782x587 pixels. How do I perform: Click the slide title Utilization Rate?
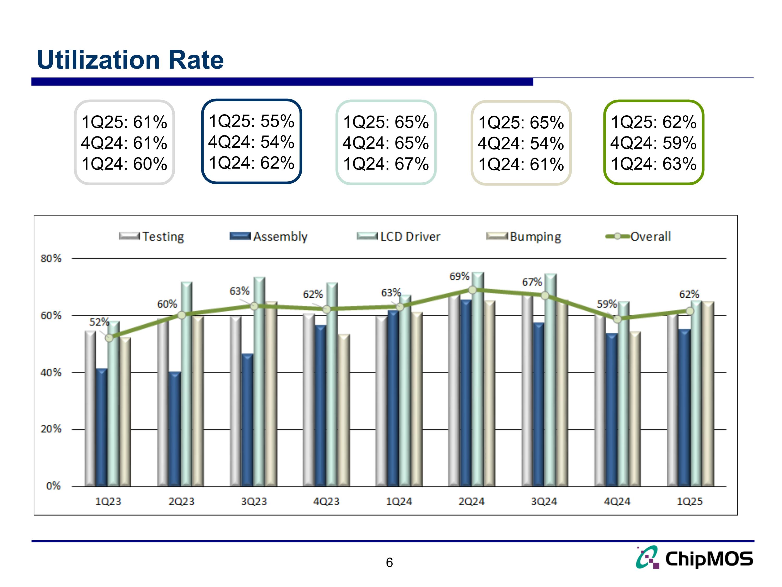[130, 59]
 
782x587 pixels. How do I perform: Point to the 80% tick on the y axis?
[51, 258]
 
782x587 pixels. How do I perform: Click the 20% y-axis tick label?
[51, 429]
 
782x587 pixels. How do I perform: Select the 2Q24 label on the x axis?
[471, 501]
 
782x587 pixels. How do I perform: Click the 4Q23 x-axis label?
[326, 501]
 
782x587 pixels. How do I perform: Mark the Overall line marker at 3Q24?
[545, 295]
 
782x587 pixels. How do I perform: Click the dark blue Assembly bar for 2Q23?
[175, 428]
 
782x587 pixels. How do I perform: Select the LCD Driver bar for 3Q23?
[259, 382]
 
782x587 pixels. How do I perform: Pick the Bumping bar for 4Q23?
[344, 410]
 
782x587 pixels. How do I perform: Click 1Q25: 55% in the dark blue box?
[251, 121]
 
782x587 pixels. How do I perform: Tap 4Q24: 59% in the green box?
[653, 143]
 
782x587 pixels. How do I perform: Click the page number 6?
[389, 562]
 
